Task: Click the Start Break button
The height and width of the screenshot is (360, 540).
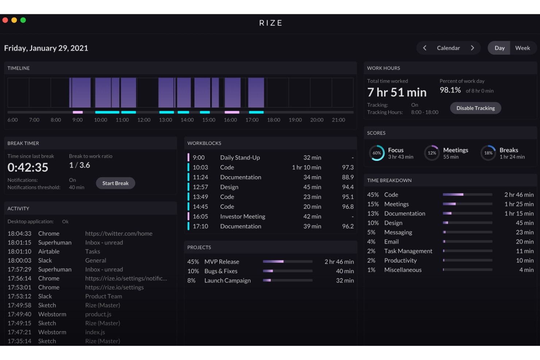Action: [115, 183]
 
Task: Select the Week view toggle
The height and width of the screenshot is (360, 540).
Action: [522, 48]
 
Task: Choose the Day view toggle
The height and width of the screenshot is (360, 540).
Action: [499, 48]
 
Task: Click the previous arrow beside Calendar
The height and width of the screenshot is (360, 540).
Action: [425, 48]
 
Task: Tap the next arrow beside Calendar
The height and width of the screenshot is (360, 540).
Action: [472, 48]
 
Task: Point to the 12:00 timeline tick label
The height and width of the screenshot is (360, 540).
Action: [144, 120]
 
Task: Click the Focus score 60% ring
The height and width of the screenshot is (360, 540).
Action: [377, 153]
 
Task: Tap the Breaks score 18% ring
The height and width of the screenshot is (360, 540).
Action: [488, 153]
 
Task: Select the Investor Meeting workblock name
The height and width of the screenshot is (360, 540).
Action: [243, 216]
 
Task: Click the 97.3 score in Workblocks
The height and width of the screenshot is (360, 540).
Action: [348, 167]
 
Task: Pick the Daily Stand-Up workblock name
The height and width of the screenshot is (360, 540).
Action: [240, 158]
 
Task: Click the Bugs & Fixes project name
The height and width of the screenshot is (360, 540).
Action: [221, 271]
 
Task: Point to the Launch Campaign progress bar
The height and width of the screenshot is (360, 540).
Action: [288, 280]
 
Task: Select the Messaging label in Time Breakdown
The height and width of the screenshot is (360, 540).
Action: [398, 232]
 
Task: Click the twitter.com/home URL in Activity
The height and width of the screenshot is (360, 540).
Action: [119, 233]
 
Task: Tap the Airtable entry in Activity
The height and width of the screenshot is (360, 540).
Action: [49, 251]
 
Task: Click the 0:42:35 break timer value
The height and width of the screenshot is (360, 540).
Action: [28, 167]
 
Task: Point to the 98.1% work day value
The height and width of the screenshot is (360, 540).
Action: [450, 90]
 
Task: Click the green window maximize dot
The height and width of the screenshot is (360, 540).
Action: [23, 20]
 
